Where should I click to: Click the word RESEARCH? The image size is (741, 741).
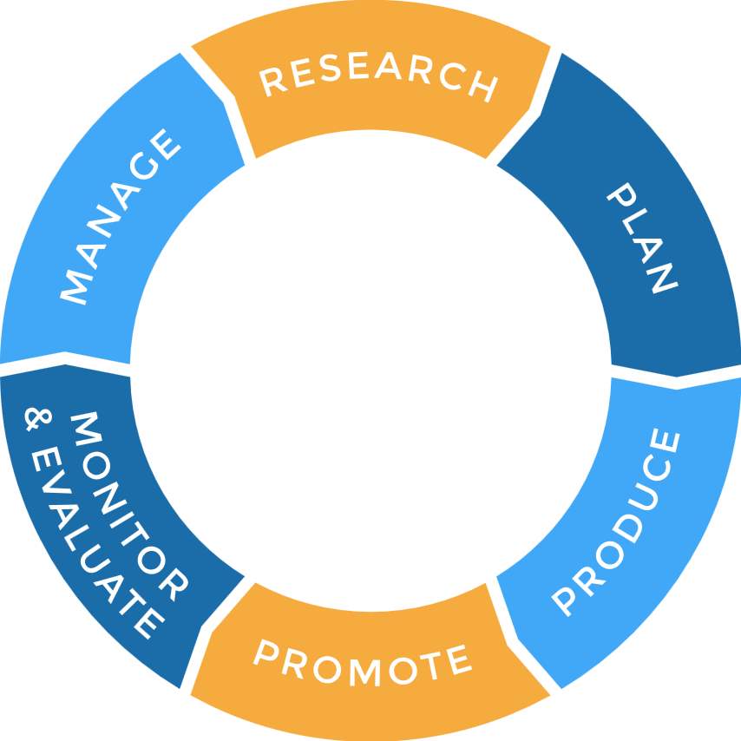378,75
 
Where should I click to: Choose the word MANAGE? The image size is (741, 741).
121,216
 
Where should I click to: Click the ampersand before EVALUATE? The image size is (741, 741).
38,419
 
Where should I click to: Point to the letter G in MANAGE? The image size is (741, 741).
144,166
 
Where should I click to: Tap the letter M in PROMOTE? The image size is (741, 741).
364,672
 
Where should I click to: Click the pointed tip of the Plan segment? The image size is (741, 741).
677,377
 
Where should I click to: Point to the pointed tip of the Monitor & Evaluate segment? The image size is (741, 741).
65,364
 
